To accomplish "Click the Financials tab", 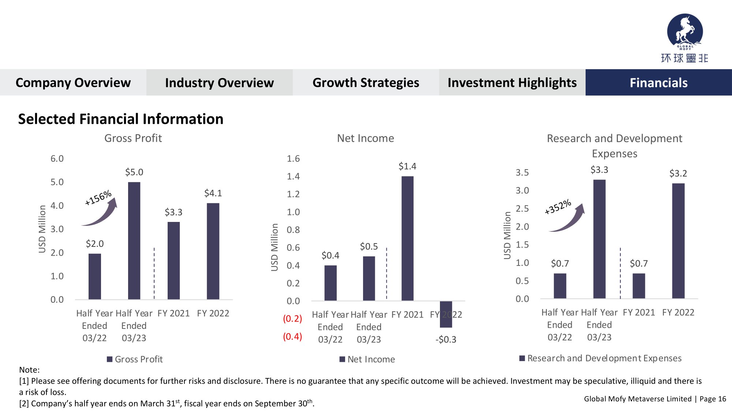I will coord(658,83).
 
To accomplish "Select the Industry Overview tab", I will coord(219,83).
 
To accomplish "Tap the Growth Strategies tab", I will coord(366,83).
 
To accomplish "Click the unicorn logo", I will coord(685,31).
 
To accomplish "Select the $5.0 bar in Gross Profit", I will coord(134,241).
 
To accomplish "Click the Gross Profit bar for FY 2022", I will coord(213,251).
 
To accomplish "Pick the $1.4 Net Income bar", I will coord(407,238).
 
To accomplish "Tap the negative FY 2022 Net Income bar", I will coord(446,314).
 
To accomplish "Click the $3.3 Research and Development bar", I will coord(599,239).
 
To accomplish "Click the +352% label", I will coord(557,207).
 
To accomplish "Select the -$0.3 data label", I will coord(446,339).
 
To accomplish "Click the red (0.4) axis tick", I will coord(292,337).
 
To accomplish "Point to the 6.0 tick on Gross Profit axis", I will coord(57,159).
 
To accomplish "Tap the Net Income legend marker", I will coord(342,359).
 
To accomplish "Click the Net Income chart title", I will coord(365,138).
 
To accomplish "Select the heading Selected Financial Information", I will coord(121,119).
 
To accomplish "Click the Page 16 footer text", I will coord(713,399).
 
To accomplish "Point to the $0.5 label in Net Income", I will coord(369,246).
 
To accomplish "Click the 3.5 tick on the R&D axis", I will coord(522,172).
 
